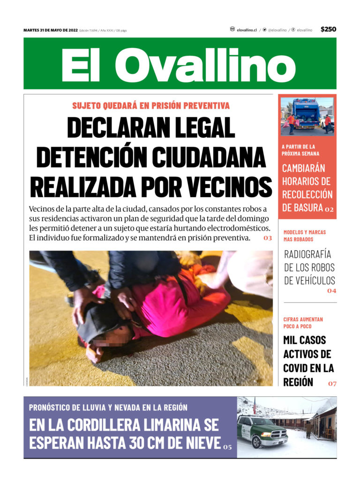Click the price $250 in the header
pyautogui.click(x=328, y=29)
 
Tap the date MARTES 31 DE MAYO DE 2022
pyautogui.click(x=50, y=30)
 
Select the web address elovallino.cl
pyautogui.click(x=247, y=30)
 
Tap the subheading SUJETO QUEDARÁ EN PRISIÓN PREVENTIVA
pyautogui.click(x=151, y=105)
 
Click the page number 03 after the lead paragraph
pyautogui.click(x=267, y=238)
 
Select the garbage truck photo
pyautogui.click(x=307, y=113)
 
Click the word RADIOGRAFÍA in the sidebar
pyautogui.click(x=307, y=254)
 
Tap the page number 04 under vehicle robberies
pyautogui.click(x=331, y=291)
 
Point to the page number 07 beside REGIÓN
pyautogui.click(x=332, y=384)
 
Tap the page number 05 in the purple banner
pyautogui.click(x=227, y=447)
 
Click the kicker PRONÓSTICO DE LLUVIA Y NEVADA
pyautogui.click(x=108, y=407)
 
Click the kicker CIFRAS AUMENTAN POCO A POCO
pyautogui.click(x=303, y=323)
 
